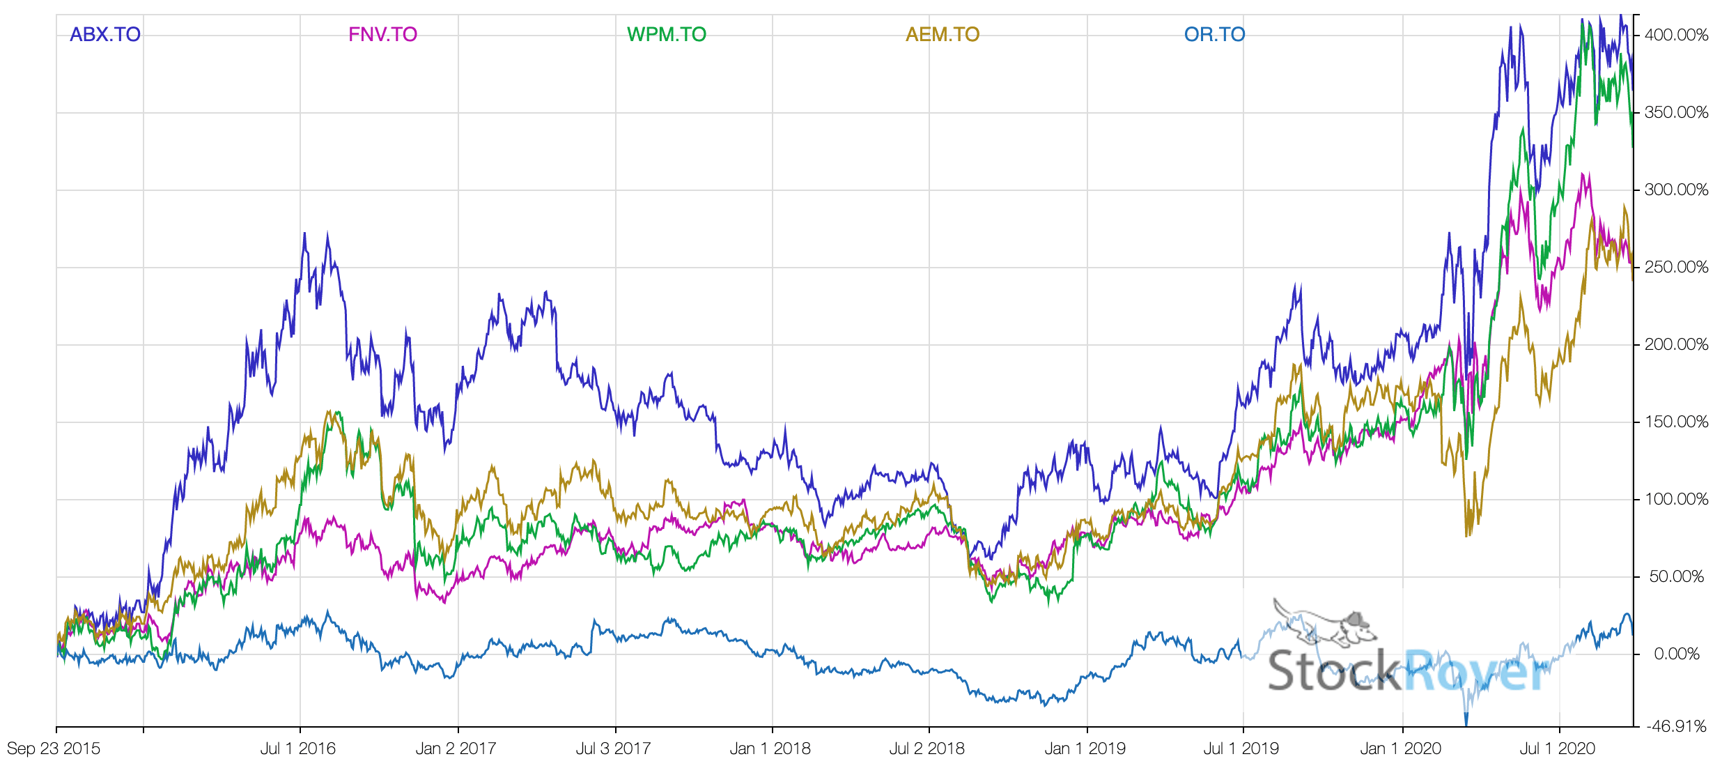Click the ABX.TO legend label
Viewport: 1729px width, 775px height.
(105, 34)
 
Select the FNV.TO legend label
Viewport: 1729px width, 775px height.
(382, 34)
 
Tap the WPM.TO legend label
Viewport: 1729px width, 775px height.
(666, 34)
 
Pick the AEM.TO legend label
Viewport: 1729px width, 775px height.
(942, 34)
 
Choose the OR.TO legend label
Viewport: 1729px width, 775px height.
(1214, 34)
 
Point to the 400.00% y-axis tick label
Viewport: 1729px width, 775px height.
(1676, 35)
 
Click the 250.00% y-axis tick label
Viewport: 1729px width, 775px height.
(1676, 267)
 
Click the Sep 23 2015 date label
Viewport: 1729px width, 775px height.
(54, 749)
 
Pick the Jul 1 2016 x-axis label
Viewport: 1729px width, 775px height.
(298, 749)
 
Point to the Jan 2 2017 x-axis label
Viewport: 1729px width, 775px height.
(456, 749)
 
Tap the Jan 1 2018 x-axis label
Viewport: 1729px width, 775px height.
(770, 749)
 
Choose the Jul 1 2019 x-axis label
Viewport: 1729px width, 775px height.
(1241, 749)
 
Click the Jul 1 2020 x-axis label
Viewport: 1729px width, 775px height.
(1557, 749)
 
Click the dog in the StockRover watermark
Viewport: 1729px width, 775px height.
(1324, 624)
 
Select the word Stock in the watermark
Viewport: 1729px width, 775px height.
(1333, 671)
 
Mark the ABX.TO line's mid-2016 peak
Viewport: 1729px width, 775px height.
(304, 234)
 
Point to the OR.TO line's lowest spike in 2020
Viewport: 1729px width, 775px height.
(1466, 723)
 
